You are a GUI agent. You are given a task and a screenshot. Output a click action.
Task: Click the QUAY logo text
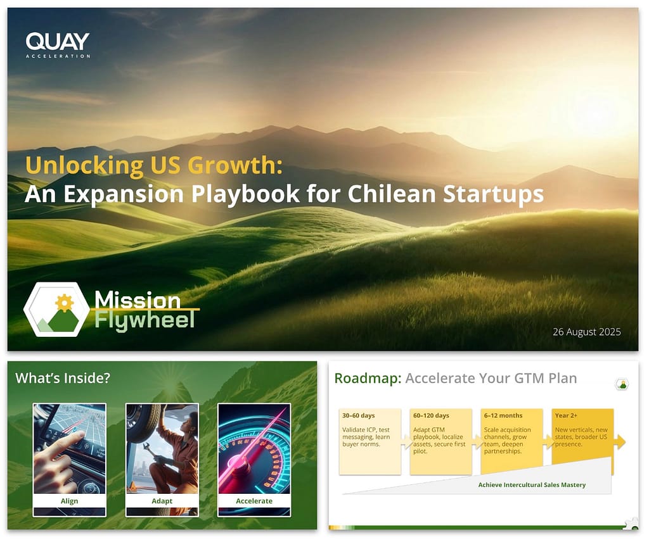click(57, 42)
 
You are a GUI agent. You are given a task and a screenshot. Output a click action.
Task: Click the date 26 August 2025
click(586, 332)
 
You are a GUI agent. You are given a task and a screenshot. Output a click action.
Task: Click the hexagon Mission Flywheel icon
click(56, 310)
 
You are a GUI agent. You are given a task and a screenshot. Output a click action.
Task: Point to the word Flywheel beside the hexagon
click(145, 320)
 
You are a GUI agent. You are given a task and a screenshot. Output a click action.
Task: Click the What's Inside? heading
click(63, 378)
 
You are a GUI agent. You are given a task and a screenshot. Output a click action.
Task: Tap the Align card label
click(69, 501)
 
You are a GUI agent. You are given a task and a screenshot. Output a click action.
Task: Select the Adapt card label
click(162, 501)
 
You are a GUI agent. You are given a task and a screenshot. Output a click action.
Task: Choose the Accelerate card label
click(254, 501)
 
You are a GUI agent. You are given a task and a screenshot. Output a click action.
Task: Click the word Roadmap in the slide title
click(368, 379)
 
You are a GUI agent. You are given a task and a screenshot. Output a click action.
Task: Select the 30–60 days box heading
click(359, 415)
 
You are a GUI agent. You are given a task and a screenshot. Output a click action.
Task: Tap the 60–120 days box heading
click(431, 415)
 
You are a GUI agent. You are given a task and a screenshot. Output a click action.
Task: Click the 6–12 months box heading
click(503, 415)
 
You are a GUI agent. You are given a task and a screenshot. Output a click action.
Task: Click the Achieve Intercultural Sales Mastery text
click(532, 485)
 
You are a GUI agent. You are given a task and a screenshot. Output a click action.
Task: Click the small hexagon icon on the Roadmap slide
click(623, 384)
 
